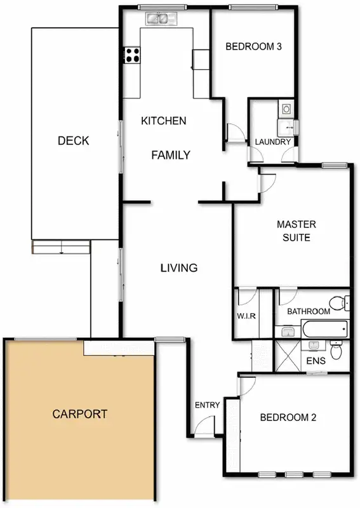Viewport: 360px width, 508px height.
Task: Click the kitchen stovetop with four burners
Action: [x=132, y=55]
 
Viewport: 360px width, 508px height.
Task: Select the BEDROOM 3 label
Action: [x=253, y=46]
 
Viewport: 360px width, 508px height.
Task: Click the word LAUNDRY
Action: [x=273, y=142]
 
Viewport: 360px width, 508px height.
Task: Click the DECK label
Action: [x=73, y=140]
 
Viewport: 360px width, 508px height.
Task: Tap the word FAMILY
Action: [x=171, y=154]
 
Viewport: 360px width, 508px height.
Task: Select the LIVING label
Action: [x=178, y=268]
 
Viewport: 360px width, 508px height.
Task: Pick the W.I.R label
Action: [x=246, y=316]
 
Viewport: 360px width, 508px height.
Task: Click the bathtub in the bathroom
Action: [x=324, y=330]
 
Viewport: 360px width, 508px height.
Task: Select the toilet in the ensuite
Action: [x=337, y=350]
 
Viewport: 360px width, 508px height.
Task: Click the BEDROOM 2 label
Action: [x=288, y=418]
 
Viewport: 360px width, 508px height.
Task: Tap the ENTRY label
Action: [x=207, y=405]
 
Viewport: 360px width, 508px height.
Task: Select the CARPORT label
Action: [x=79, y=414]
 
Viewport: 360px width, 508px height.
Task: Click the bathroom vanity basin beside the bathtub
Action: [x=287, y=331]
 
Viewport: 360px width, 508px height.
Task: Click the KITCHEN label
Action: [x=163, y=121]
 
